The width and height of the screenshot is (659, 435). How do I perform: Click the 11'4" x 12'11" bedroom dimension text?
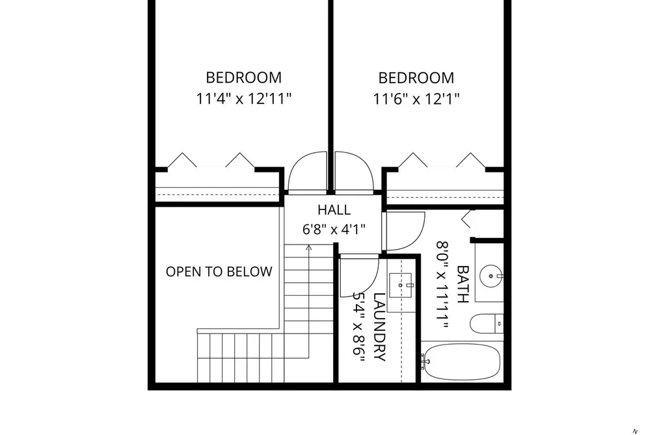coord(244,99)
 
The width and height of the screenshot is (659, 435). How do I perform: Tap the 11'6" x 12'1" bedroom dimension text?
coord(416,99)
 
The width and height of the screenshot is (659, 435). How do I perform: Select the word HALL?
coord(334,209)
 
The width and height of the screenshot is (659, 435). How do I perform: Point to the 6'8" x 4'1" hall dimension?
coord(334,230)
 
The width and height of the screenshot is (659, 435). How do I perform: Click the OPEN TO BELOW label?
coord(219,272)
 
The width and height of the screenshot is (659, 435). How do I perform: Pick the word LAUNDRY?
coord(379,327)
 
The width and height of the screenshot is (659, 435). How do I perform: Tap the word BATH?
coord(463,284)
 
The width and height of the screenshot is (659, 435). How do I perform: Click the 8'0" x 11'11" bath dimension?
coord(442,285)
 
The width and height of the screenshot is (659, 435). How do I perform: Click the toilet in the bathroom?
coord(486,324)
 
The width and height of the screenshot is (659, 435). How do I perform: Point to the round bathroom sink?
coord(491,276)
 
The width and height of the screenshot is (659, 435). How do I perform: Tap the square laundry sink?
coord(401,285)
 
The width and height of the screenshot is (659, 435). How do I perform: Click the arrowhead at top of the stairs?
coord(309,247)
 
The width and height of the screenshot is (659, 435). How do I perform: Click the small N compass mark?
coord(635,432)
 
